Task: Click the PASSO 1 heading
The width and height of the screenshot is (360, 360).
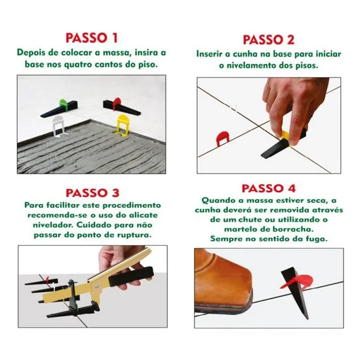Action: (x=92, y=38)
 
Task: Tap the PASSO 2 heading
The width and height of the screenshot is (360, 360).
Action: (x=269, y=40)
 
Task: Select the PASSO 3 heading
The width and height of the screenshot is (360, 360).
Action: (x=93, y=193)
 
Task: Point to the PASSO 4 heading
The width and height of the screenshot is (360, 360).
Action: (x=269, y=188)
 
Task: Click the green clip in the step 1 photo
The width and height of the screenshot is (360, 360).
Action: (x=63, y=103)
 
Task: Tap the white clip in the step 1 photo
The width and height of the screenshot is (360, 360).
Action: (x=58, y=126)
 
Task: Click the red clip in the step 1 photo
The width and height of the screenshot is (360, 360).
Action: (x=117, y=103)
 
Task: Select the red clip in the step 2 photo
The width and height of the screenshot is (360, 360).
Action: (x=222, y=138)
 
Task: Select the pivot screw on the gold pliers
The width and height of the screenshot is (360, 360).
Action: (x=96, y=286)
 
